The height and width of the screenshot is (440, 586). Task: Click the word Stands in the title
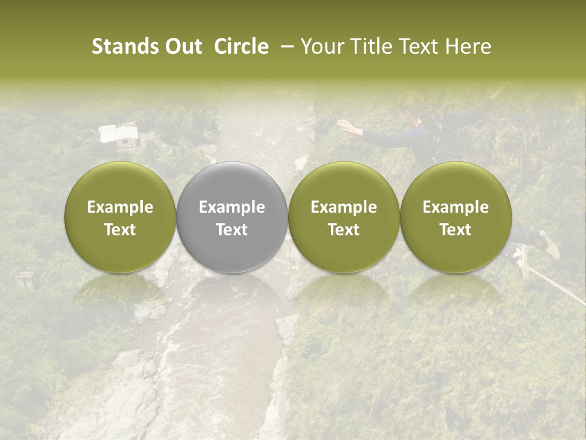pos(125,46)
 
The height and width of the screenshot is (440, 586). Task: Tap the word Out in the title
pos(182,46)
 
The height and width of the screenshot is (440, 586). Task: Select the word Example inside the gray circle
pos(232,207)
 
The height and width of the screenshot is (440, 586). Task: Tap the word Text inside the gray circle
pos(232,230)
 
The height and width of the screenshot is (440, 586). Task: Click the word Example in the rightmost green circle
pos(455,207)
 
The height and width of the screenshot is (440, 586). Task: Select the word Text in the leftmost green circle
pos(120,230)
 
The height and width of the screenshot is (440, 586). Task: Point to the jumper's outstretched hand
pos(345,126)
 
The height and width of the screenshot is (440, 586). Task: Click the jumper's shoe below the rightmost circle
pos(549,244)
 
